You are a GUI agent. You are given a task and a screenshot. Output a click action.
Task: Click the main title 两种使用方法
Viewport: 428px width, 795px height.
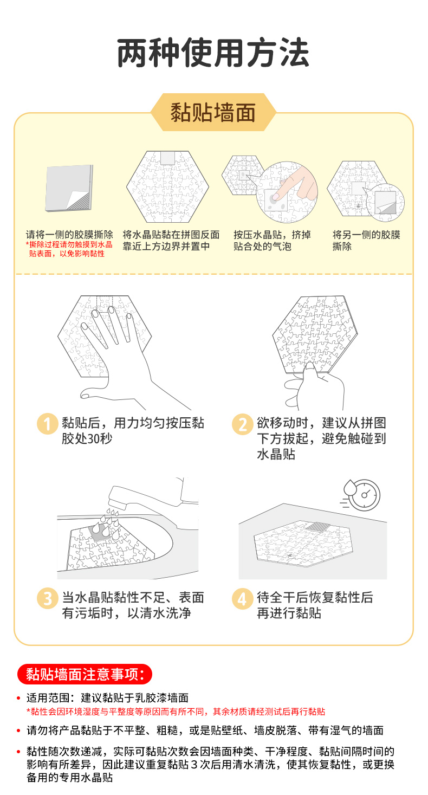click(x=213, y=53)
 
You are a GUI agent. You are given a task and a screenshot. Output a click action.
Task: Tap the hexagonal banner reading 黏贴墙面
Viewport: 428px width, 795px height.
click(x=213, y=112)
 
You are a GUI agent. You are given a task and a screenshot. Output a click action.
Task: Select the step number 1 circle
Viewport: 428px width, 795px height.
click(x=47, y=424)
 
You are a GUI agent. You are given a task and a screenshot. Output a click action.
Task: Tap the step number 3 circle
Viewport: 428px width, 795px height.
click(x=47, y=598)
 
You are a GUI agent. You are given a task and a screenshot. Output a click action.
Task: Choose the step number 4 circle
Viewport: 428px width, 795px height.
click(x=242, y=599)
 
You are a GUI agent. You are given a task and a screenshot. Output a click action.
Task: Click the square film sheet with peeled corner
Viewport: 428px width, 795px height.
click(x=69, y=188)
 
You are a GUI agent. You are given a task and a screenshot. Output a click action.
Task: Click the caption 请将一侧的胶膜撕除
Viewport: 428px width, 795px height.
click(x=69, y=235)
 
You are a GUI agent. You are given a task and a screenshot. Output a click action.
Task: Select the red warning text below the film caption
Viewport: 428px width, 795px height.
click(x=69, y=249)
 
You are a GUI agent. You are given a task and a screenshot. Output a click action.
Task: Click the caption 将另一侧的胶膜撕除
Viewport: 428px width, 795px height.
click(x=366, y=240)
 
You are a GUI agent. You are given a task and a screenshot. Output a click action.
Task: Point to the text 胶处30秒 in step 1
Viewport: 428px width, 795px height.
click(x=87, y=438)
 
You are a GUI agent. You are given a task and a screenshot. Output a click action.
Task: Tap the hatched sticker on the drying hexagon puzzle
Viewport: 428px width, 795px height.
click(x=318, y=527)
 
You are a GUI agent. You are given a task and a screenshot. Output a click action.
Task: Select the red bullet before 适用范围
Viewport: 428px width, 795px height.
click(x=18, y=698)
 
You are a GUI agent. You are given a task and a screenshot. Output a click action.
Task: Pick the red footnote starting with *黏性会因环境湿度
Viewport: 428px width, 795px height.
click(x=176, y=712)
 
